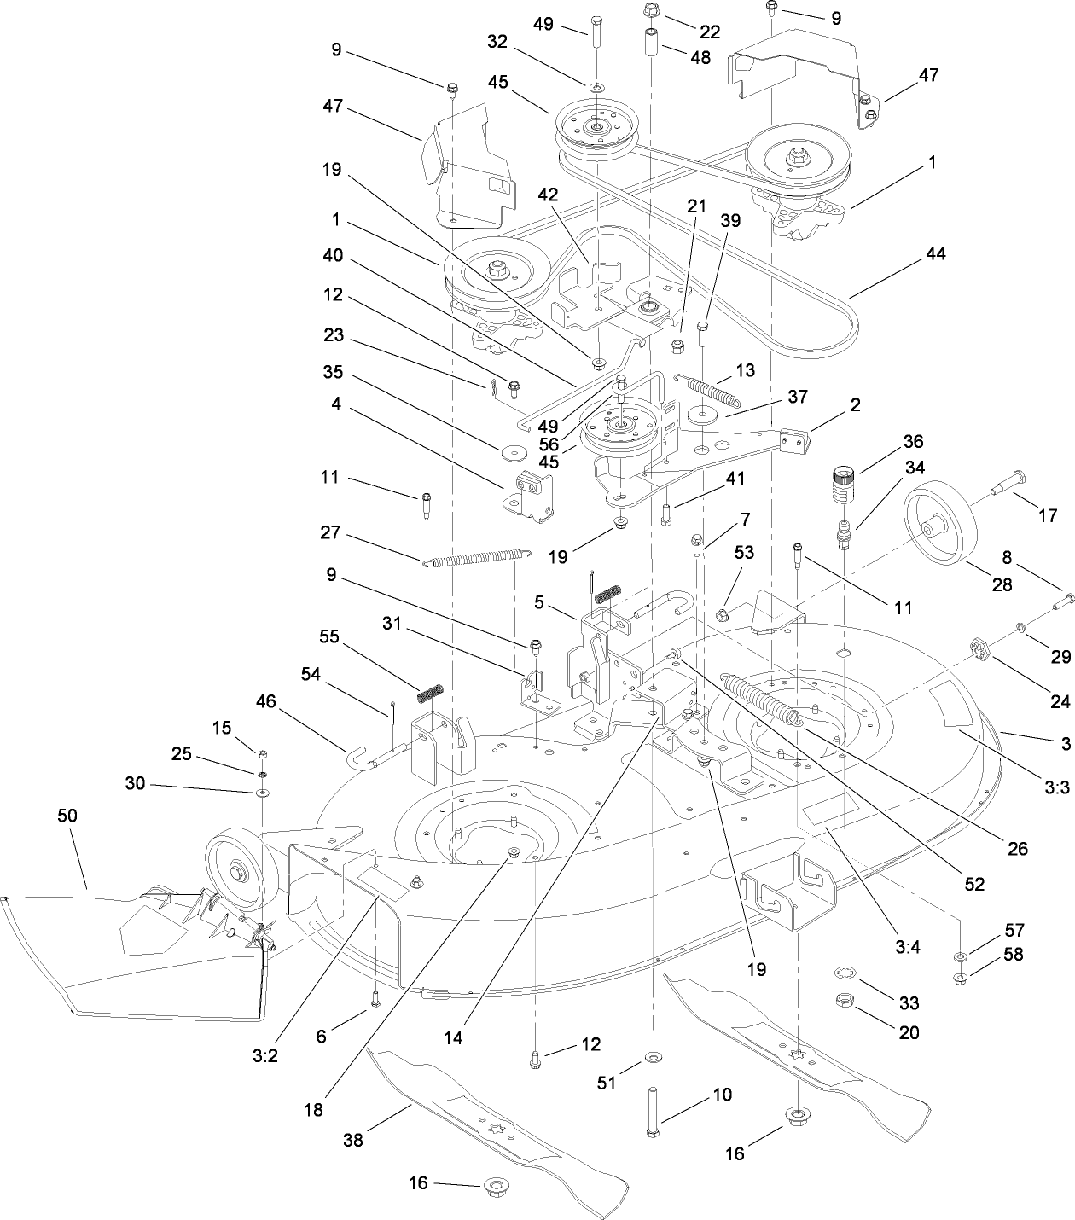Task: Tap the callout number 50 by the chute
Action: [x=67, y=816]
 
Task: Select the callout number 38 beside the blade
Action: [x=352, y=1140]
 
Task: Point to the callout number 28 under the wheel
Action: [x=1001, y=584]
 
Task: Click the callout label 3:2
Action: [x=265, y=1055]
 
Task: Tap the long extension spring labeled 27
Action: [x=476, y=558]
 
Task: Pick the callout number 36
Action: [x=913, y=441]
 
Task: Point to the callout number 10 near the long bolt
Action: [x=722, y=1095]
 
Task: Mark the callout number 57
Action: [x=1014, y=930]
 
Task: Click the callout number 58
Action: [x=1014, y=955]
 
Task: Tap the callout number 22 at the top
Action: [x=709, y=32]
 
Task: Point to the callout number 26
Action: [x=1017, y=848]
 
